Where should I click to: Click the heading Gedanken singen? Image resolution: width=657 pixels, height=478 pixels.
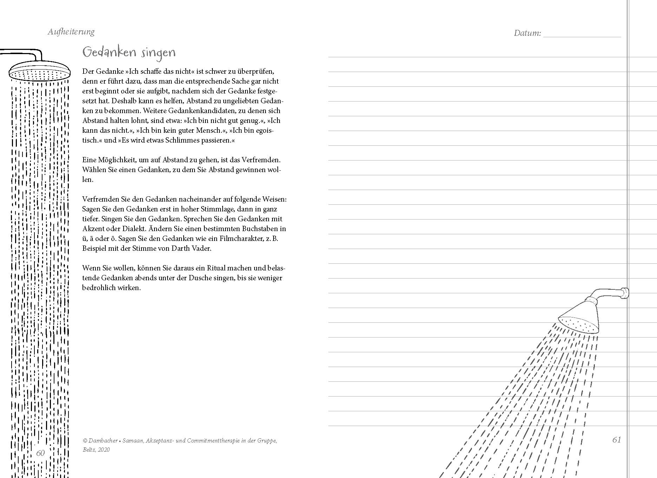[x=129, y=53]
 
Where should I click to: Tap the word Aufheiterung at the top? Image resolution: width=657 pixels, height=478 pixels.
[x=71, y=32]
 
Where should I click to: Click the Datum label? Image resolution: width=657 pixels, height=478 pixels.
[x=527, y=33]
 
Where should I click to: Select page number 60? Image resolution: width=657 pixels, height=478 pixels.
[x=40, y=453]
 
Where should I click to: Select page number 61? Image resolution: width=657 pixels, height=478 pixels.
[x=617, y=440]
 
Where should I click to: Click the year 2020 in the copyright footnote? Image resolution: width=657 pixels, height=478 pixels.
[x=104, y=450]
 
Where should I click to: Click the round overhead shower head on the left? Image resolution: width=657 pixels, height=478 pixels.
[x=38, y=72]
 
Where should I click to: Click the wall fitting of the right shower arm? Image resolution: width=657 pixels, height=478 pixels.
[x=624, y=293]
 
